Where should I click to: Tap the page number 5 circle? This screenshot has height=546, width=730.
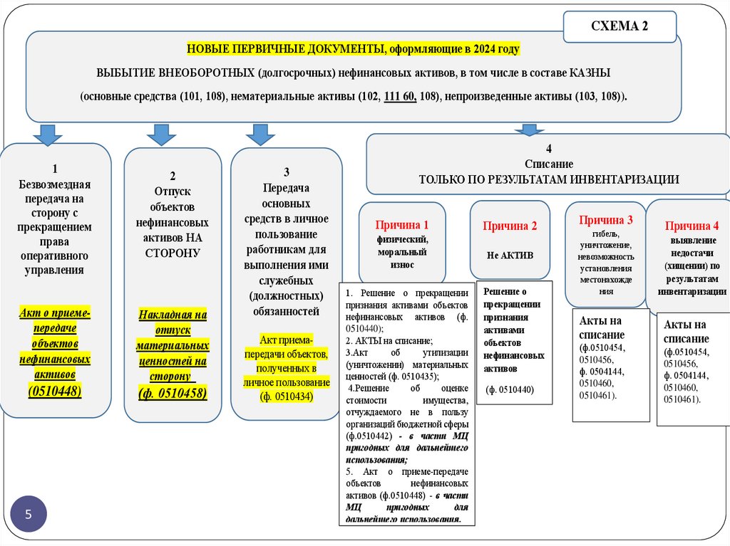tap(29, 513)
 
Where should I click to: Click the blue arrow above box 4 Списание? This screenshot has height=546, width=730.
tap(529, 130)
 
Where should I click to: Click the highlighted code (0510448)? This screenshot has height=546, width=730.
tap(55, 391)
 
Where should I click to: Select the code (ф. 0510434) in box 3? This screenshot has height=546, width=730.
tap(287, 396)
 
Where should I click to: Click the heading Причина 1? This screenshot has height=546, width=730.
tap(402, 225)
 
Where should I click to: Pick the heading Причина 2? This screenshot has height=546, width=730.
tap(510, 226)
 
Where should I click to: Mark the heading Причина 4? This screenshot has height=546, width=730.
tap(692, 226)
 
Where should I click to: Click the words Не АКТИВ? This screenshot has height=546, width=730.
tap(510, 255)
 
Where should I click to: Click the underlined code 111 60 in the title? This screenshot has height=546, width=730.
tap(399, 97)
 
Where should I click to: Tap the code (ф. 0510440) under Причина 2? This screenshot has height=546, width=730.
tap(510, 389)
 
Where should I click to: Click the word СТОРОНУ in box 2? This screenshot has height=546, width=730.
tap(173, 253)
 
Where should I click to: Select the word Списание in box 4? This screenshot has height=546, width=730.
tap(548, 164)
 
